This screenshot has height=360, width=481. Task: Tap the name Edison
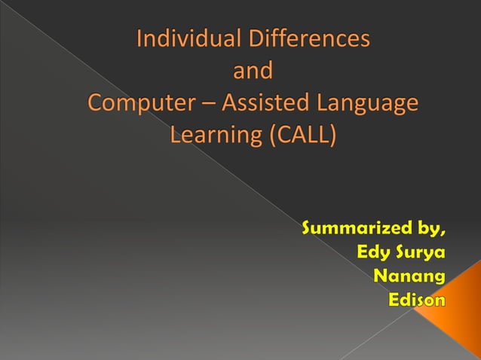(416, 300)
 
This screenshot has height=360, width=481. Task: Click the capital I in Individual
(139, 38)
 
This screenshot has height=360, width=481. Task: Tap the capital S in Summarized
(308, 226)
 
